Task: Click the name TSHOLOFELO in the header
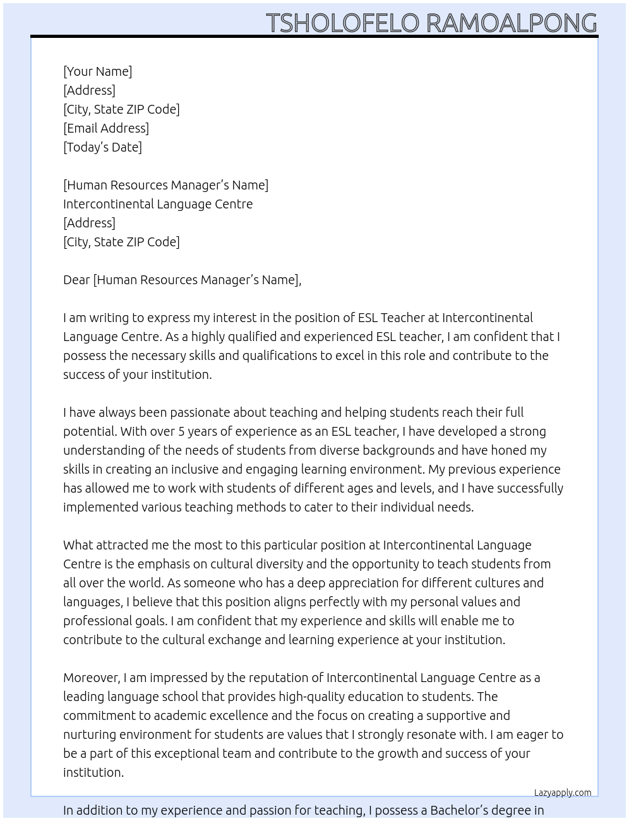pos(342,23)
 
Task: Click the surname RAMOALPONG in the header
pos(512,23)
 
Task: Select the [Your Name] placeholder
pos(97,71)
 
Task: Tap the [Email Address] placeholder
pos(106,128)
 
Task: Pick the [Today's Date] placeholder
pos(102,147)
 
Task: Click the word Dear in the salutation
pos(76,280)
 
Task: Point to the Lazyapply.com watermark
pos(563,793)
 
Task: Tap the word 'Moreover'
pos(92,678)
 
